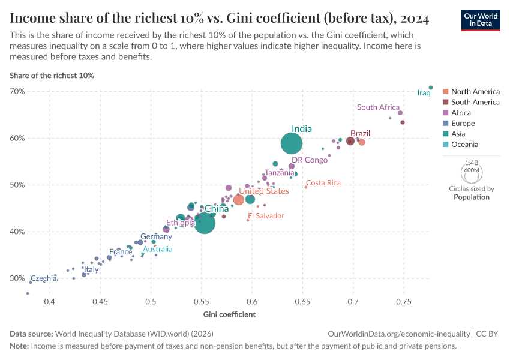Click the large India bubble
[x=292, y=143]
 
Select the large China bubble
[x=205, y=223]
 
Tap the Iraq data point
[x=431, y=88]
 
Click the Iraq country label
[x=424, y=93]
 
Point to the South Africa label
[x=378, y=107]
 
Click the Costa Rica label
[x=323, y=183]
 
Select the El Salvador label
[x=266, y=215]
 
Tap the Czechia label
[x=43, y=278]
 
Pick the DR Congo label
[x=310, y=160]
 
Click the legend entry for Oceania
[x=464, y=145]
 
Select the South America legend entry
[x=475, y=102]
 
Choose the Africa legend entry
[x=461, y=113]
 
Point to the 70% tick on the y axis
[x=17, y=91]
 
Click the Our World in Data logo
[x=480, y=19]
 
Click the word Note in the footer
[x=19, y=346]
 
